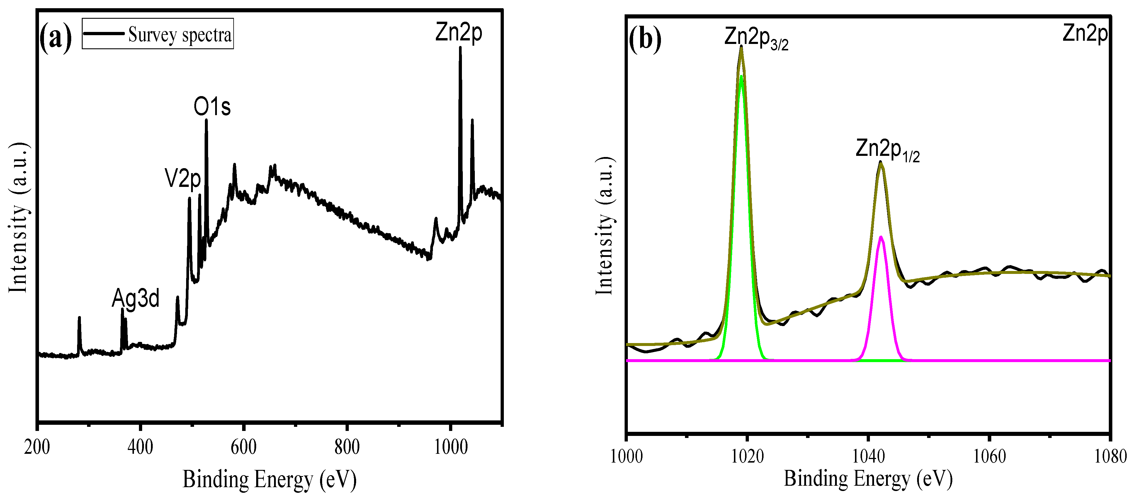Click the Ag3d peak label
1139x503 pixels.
(135, 298)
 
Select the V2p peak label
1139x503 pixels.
(183, 179)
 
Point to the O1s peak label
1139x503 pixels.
(212, 107)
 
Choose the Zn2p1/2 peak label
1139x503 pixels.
(888, 150)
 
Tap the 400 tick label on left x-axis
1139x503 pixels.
(140, 447)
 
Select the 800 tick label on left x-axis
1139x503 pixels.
(347, 447)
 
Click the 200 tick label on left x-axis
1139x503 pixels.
(37, 447)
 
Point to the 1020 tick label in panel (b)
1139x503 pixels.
(747, 456)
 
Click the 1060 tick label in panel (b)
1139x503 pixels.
(989, 456)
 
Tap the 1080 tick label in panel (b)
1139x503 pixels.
(1110, 456)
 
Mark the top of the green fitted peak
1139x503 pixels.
(741, 76)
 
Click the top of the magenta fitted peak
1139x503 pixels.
(881, 237)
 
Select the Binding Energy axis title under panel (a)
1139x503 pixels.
(269, 480)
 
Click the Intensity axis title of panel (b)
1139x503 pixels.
(604, 225)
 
